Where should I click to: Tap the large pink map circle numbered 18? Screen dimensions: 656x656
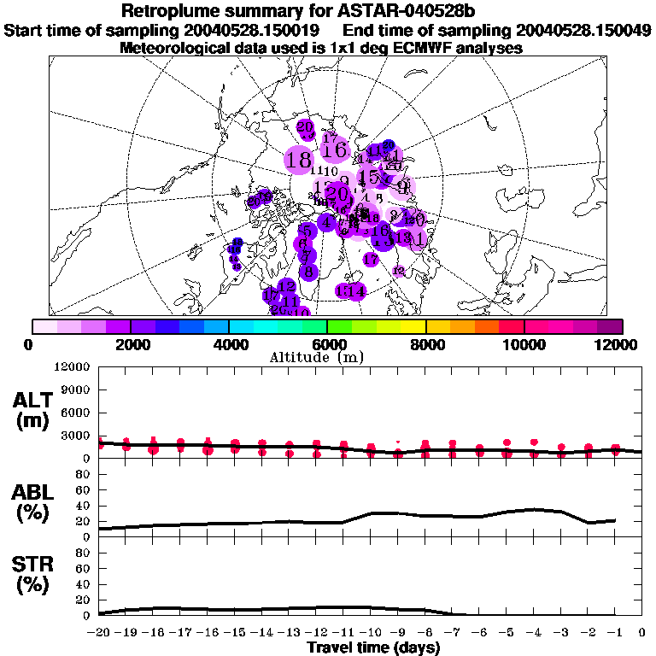[x=299, y=160]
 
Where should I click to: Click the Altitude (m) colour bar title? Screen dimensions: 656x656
[x=328, y=356]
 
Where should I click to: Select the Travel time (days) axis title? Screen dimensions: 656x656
[x=372, y=647]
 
